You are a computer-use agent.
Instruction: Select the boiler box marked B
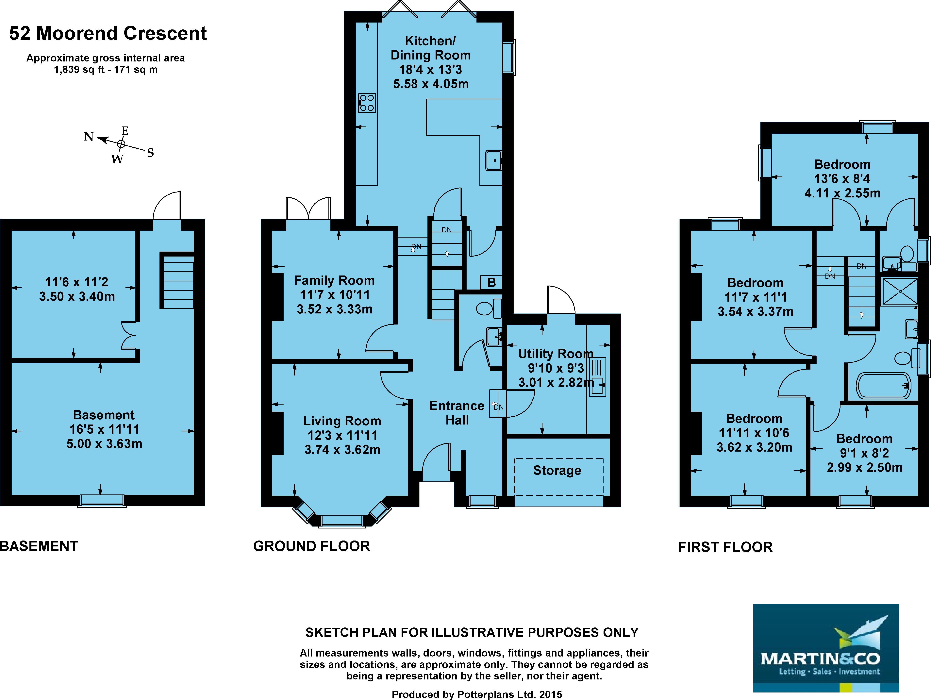pos(491,282)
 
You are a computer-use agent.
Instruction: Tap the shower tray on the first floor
pos(899,291)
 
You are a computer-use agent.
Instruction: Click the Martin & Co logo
pos(826,648)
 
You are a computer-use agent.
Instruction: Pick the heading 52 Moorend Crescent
pos(108,33)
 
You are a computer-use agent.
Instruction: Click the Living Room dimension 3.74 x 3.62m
pos(342,450)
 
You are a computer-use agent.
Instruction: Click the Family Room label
pos(334,280)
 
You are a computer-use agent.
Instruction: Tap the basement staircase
pos(177,280)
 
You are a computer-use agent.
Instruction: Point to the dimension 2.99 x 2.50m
pos(864,467)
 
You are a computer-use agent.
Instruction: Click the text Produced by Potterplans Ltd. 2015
pos(477,694)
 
